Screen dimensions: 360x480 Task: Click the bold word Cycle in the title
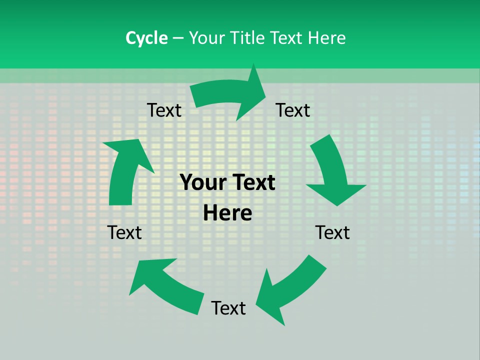point(146,38)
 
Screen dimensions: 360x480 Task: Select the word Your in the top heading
point(206,38)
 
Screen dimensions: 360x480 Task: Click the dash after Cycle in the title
point(178,38)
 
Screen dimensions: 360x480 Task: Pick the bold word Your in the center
point(200,183)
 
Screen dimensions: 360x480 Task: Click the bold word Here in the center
point(227,213)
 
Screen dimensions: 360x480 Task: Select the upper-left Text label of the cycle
point(164,110)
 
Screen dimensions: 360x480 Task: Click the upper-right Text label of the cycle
point(293,110)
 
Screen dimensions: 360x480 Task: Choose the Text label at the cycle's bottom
point(228,308)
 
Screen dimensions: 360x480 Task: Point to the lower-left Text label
point(124,232)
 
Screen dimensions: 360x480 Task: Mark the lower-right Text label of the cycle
point(332,232)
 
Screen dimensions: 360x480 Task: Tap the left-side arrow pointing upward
point(125,172)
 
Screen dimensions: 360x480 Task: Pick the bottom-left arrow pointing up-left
point(165,285)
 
